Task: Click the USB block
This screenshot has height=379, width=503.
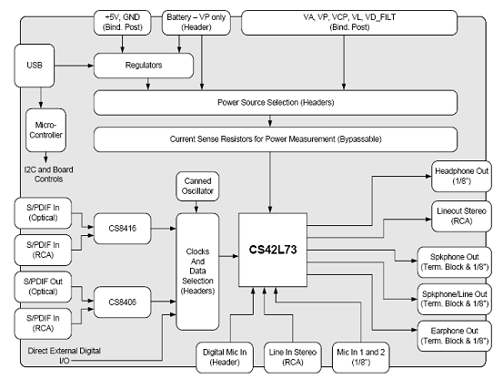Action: click(x=35, y=66)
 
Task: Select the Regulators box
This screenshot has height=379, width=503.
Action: click(x=144, y=66)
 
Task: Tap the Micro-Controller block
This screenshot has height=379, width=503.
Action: click(x=45, y=130)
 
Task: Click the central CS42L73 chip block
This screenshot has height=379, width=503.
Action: click(x=273, y=250)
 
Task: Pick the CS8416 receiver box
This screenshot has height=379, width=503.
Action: click(x=122, y=229)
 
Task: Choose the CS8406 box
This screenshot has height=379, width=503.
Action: click(x=122, y=302)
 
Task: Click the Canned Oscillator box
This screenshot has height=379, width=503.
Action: click(x=197, y=186)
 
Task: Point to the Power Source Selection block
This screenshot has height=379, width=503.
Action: click(x=276, y=103)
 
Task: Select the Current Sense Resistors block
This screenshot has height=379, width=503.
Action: click(x=276, y=139)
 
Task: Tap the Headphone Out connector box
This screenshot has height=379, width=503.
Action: click(x=461, y=177)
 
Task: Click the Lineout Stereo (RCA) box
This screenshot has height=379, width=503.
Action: click(x=461, y=216)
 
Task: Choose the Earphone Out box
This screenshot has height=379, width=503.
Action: click(x=454, y=335)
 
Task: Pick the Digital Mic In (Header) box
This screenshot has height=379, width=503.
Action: click(x=225, y=357)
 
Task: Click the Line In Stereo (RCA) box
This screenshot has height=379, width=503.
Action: click(x=293, y=357)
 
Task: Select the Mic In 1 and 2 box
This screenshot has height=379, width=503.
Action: click(x=361, y=357)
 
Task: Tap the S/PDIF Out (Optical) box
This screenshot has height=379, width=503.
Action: click(x=43, y=287)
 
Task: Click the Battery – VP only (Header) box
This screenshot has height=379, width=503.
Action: click(x=196, y=23)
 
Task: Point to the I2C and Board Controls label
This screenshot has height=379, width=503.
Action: click(x=48, y=174)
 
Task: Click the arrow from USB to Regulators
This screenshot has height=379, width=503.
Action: click(x=74, y=66)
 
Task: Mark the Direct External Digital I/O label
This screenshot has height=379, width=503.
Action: click(x=65, y=355)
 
